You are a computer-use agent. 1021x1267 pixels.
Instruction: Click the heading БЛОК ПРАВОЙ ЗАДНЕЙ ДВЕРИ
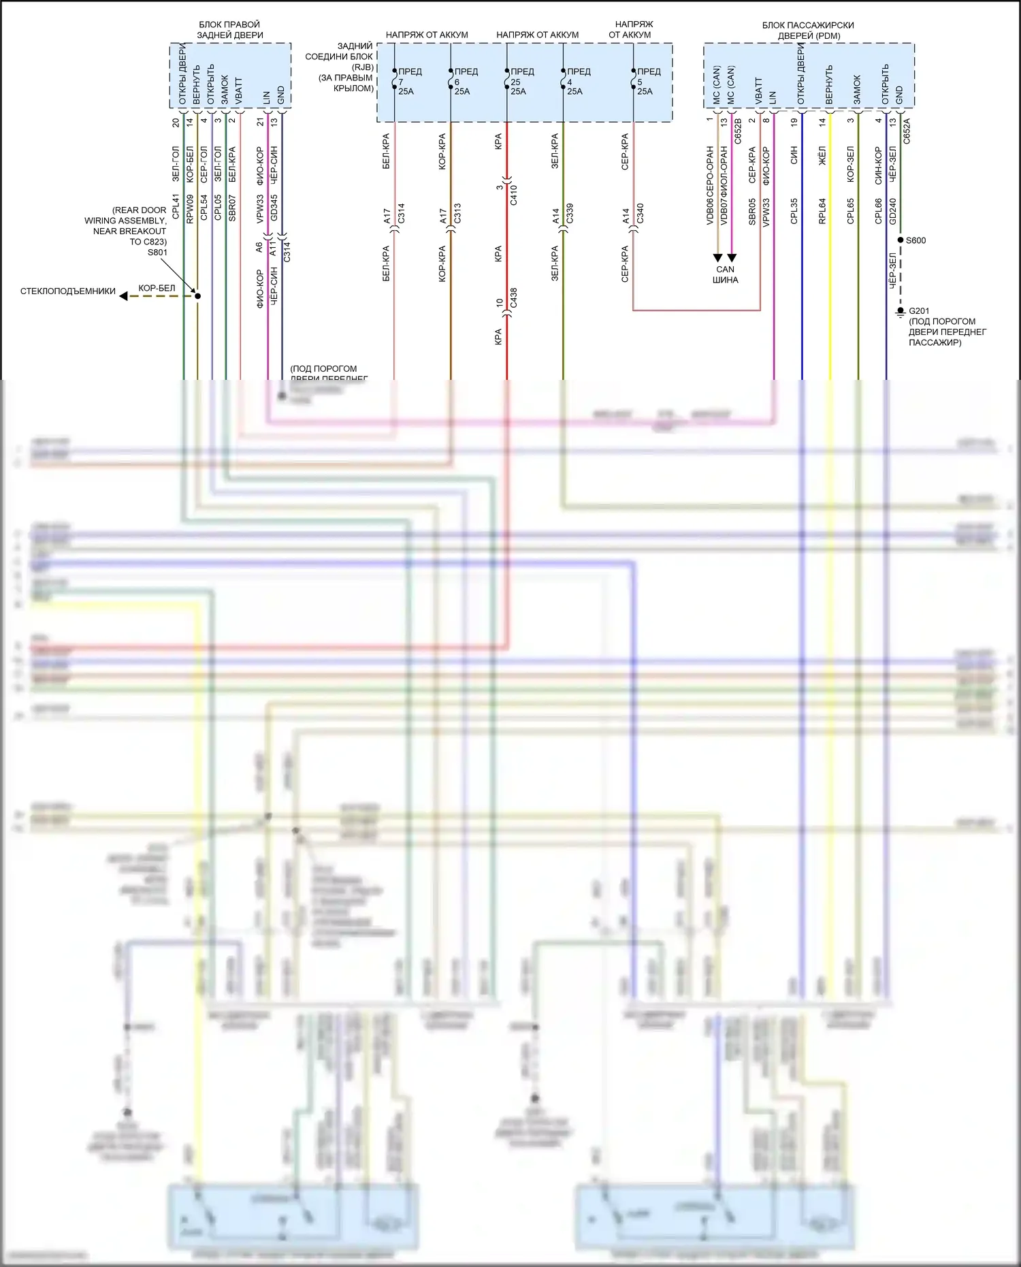point(230,29)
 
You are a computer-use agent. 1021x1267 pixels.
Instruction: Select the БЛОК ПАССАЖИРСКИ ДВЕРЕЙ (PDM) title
point(808,30)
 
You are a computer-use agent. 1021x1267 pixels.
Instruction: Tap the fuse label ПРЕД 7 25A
point(407,81)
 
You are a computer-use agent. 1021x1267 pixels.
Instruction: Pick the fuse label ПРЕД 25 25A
point(520,81)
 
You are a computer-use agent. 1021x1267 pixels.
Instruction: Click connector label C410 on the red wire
point(514,195)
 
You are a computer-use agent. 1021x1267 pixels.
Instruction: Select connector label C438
point(514,298)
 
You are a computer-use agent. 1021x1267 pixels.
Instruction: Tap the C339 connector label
point(570,213)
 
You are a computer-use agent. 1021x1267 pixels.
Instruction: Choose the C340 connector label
point(640,213)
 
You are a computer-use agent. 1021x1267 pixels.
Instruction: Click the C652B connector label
point(738,131)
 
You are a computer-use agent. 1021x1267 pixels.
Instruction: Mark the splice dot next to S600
point(901,240)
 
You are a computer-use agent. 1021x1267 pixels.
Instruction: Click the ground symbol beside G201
point(901,312)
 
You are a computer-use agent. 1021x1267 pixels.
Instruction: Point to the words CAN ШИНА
point(725,274)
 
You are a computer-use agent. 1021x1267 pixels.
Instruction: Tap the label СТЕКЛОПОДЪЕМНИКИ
point(68,291)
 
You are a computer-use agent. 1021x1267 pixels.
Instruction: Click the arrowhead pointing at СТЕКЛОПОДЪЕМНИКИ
point(123,295)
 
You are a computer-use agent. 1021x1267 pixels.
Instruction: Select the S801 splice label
point(157,253)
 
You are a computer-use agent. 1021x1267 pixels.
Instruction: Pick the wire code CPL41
point(176,206)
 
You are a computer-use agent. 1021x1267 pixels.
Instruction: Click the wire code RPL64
point(822,211)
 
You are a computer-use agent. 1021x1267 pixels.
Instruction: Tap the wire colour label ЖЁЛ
point(822,155)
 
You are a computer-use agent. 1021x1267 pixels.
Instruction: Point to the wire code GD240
point(893,211)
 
